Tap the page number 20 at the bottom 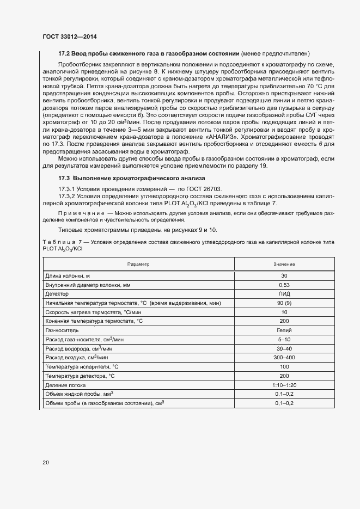point(46,463)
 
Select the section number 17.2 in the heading point(64,54)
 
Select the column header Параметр point(138,263)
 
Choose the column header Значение point(284,263)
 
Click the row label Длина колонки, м point(67,275)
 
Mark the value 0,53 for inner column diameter point(284,285)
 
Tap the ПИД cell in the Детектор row point(284,293)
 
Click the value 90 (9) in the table point(284,303)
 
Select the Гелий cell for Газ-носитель point(284,330)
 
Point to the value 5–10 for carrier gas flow point(284,339)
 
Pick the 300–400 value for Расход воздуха point(284,358)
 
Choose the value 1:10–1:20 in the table point(284,385)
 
